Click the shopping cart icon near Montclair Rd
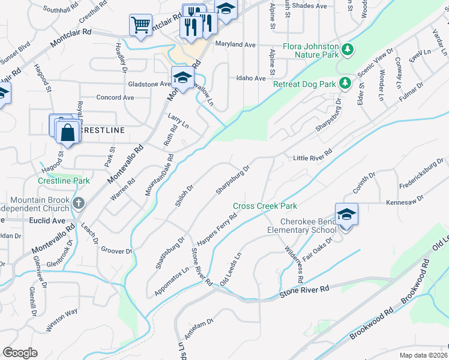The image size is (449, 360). point(140,25)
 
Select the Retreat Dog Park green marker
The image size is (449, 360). point(344,83)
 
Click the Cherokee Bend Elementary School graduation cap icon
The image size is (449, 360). point(347,214)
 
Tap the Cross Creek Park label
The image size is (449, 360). point(265,206)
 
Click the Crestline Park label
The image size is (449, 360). point(63,180)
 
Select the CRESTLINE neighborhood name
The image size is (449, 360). point(102,130)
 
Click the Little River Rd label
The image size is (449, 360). point(312,158)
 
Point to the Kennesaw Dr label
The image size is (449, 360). point(405,202)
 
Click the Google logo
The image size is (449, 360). point(20,353)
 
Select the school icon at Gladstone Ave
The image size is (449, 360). point(182,77)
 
